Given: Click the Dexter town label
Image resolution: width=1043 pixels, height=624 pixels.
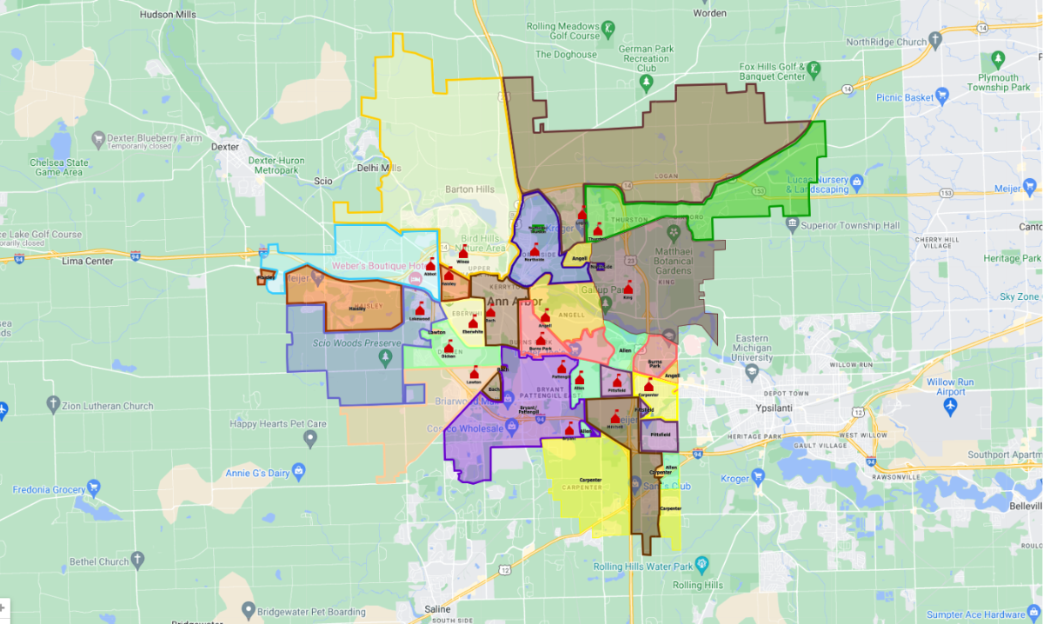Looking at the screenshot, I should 225,147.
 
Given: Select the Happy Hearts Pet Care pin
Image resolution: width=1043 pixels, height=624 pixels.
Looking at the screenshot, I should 310,440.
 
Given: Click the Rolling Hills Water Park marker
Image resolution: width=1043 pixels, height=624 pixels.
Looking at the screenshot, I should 702,567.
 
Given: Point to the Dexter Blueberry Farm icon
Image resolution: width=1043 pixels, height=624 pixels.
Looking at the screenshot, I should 98,138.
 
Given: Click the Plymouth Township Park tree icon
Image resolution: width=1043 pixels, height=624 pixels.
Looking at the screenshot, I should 998,59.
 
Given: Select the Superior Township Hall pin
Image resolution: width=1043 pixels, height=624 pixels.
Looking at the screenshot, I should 791,225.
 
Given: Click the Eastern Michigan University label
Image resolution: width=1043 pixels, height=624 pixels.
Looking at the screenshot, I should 753,348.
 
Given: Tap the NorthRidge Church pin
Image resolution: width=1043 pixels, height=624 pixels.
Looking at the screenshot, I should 935,40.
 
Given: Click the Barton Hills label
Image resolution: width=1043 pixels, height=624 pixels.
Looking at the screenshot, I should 469,189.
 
